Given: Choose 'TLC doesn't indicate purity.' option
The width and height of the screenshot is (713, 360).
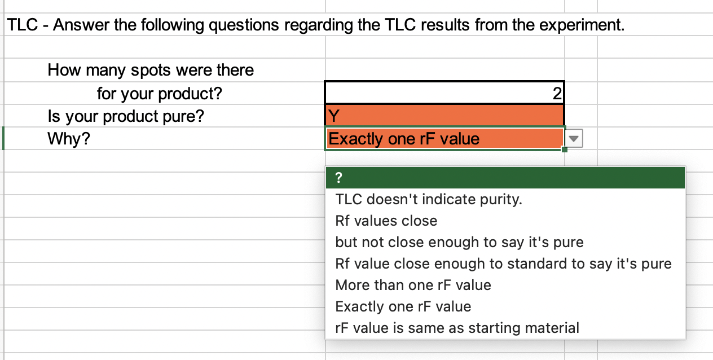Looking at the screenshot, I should coord(429,199).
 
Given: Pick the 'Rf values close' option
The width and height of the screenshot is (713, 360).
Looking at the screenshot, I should coord(386,221).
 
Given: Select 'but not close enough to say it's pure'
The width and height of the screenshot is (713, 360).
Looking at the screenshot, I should coord(459,242).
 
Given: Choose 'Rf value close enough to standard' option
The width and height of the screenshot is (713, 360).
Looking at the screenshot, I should coord(503,264).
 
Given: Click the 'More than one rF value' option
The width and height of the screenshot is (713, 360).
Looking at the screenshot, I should coord(413,285).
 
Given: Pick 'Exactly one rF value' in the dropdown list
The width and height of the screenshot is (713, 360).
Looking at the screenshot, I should coord(403,306).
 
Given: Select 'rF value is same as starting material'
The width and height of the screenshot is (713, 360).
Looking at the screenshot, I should coord(457,328).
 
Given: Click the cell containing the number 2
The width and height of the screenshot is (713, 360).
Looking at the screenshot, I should coord(444,93).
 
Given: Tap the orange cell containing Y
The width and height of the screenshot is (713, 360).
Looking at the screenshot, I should coord(444,116).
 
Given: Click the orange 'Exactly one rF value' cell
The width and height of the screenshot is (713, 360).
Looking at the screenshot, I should coord(444,139).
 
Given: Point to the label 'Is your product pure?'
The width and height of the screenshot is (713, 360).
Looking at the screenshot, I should coord(126,116).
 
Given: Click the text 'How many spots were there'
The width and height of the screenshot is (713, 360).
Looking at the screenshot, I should coord(151,71).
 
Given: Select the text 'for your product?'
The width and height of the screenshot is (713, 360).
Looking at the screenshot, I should coord(160,93).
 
